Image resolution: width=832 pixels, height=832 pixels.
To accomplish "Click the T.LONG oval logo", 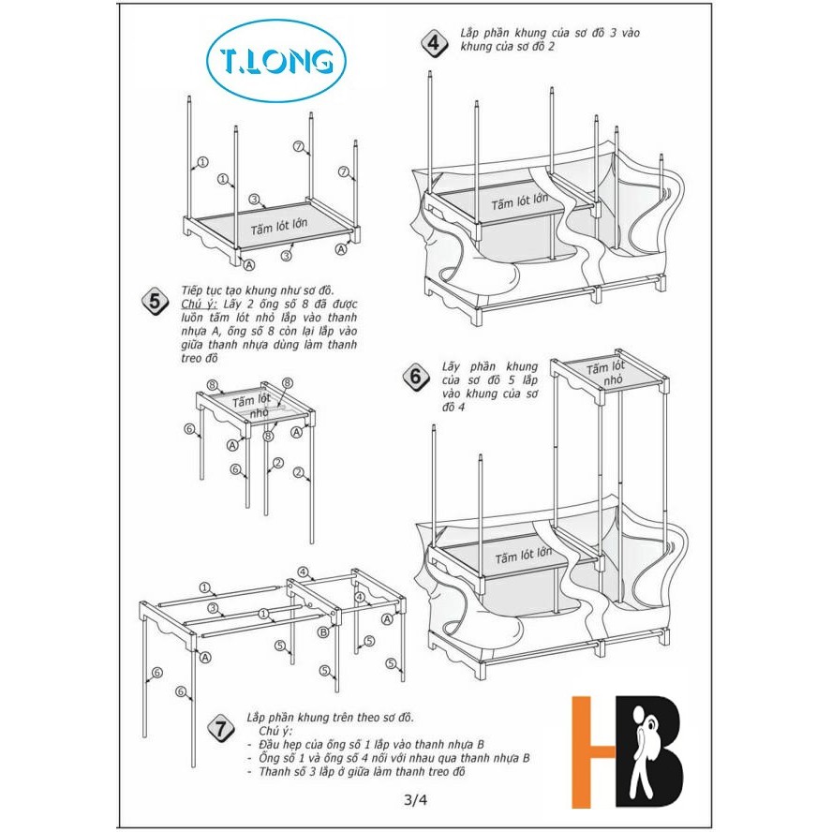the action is (x=275, y=61).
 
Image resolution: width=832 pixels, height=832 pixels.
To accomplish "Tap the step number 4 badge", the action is (x=435, y=43).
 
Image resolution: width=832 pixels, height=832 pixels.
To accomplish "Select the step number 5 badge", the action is (x=155, y=302).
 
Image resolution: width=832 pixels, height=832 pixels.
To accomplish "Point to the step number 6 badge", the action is (x=416, y=377).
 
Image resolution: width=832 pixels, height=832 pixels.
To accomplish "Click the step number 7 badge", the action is (x=221, y=728).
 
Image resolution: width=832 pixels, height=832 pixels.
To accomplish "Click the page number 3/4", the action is (x=415, y=799).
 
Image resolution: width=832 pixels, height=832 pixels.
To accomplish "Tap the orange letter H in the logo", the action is (x=593, y=751).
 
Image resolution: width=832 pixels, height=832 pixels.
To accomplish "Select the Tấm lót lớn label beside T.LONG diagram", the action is (x=279, y=227).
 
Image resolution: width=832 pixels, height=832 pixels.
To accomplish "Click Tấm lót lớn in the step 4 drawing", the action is (x=519, y=202).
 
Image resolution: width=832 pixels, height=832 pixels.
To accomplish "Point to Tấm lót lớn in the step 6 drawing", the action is (x=524, y=557).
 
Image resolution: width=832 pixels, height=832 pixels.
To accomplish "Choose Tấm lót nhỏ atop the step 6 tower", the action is (x=606, y=373).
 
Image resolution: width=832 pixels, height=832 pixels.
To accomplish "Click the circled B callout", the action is (x=323, y=631).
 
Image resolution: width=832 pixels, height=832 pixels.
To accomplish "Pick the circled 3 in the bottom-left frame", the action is (x=213, y=609).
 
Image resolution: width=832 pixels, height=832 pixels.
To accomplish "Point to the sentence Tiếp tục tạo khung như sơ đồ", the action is (x=258, y=290).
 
